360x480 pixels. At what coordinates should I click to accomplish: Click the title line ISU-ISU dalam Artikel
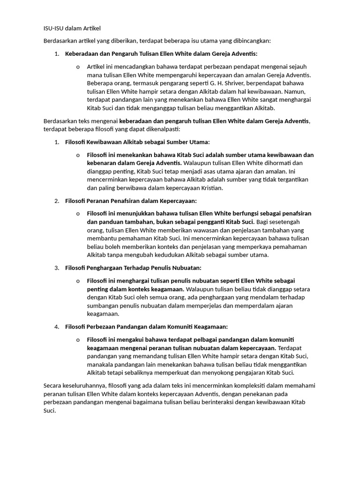[72, 29]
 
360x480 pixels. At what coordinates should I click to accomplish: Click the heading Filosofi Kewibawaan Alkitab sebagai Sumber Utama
[137, 142]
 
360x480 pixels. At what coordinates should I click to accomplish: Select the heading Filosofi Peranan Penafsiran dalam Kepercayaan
[131, 201]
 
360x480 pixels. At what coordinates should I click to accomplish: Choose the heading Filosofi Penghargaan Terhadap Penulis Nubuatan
[133, 268]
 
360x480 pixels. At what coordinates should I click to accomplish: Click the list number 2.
[57, 201]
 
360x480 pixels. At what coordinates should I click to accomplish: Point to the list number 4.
[57, 327]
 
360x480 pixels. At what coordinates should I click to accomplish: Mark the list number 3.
[57, 268]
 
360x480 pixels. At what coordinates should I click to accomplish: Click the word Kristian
[211, 188]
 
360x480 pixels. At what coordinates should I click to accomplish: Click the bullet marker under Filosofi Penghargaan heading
[78, 281]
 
